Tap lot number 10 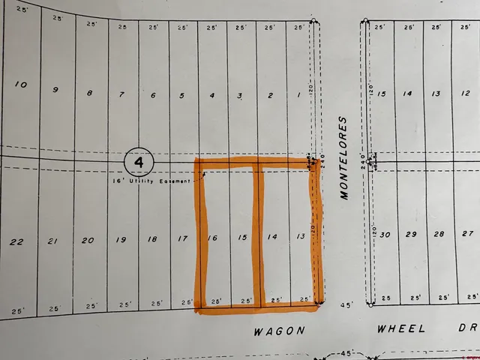(21, 85)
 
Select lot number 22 (16, 241)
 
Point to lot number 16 (212, 238)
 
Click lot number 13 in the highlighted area (301, 237)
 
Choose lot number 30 (385, 235)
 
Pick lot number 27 (467, 234)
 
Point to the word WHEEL (403, 328)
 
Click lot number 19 (120, 240)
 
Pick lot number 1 (299, 95)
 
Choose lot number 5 (181, 95)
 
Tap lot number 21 (52, 241)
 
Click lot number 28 (439, 234)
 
